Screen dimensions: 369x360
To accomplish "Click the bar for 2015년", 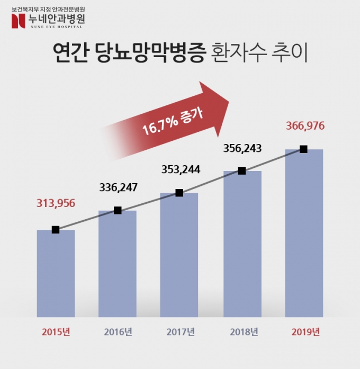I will point(56,273).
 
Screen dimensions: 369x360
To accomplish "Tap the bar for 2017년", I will point(179,254).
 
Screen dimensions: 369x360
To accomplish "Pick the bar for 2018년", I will point(242,244).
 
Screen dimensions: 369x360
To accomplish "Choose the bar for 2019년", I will point(304,233).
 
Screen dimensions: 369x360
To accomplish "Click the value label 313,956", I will point(56,203).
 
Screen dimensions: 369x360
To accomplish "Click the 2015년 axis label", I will point(56,332).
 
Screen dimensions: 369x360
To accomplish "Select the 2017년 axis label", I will point(180,332).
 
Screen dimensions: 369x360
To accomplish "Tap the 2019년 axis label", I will point(305,332).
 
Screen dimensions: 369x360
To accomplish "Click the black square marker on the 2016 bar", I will point(118,210).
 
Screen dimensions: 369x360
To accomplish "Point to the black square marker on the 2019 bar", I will point(303,149).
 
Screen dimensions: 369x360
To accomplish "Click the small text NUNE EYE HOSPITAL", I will point(55,26).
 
